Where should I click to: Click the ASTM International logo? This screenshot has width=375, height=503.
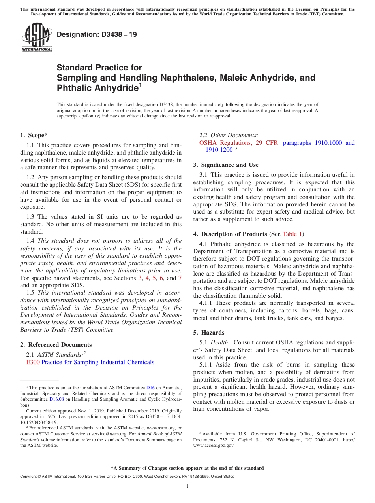(x=37, y=38)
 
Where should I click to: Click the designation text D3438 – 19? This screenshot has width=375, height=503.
(x=97, y=34)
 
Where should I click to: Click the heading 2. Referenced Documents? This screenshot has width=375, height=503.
(x=56, y=345)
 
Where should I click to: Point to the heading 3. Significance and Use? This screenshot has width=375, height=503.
(x=226, y=165)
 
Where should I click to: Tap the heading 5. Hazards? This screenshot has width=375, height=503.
(x=208, y=333)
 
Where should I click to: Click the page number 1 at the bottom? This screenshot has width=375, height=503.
(x=187, y=486)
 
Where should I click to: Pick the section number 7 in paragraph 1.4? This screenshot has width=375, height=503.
(x=180, y=278)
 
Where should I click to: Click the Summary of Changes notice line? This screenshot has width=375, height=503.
(x=187, y=468)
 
